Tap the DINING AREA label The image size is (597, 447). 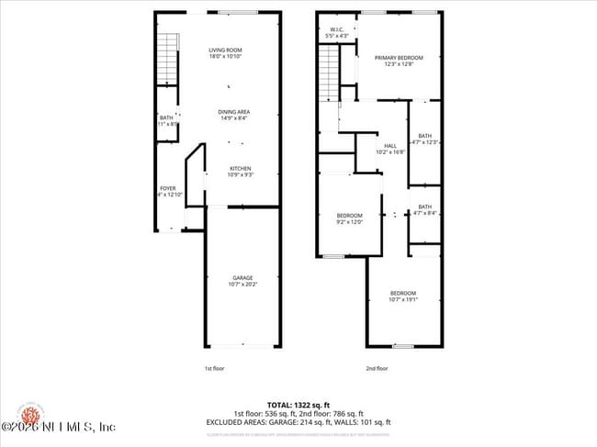234,112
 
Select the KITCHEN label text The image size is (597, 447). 240,168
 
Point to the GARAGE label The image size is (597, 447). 242,277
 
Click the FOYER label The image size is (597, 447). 168,188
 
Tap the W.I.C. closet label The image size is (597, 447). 336,30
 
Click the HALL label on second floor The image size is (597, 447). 389,145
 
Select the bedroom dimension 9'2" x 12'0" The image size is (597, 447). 349,222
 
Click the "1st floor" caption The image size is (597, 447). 213,368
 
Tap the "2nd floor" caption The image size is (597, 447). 377,368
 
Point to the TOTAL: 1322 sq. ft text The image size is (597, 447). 298,404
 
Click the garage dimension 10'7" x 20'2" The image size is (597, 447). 242,284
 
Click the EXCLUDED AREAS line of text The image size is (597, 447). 298,421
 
